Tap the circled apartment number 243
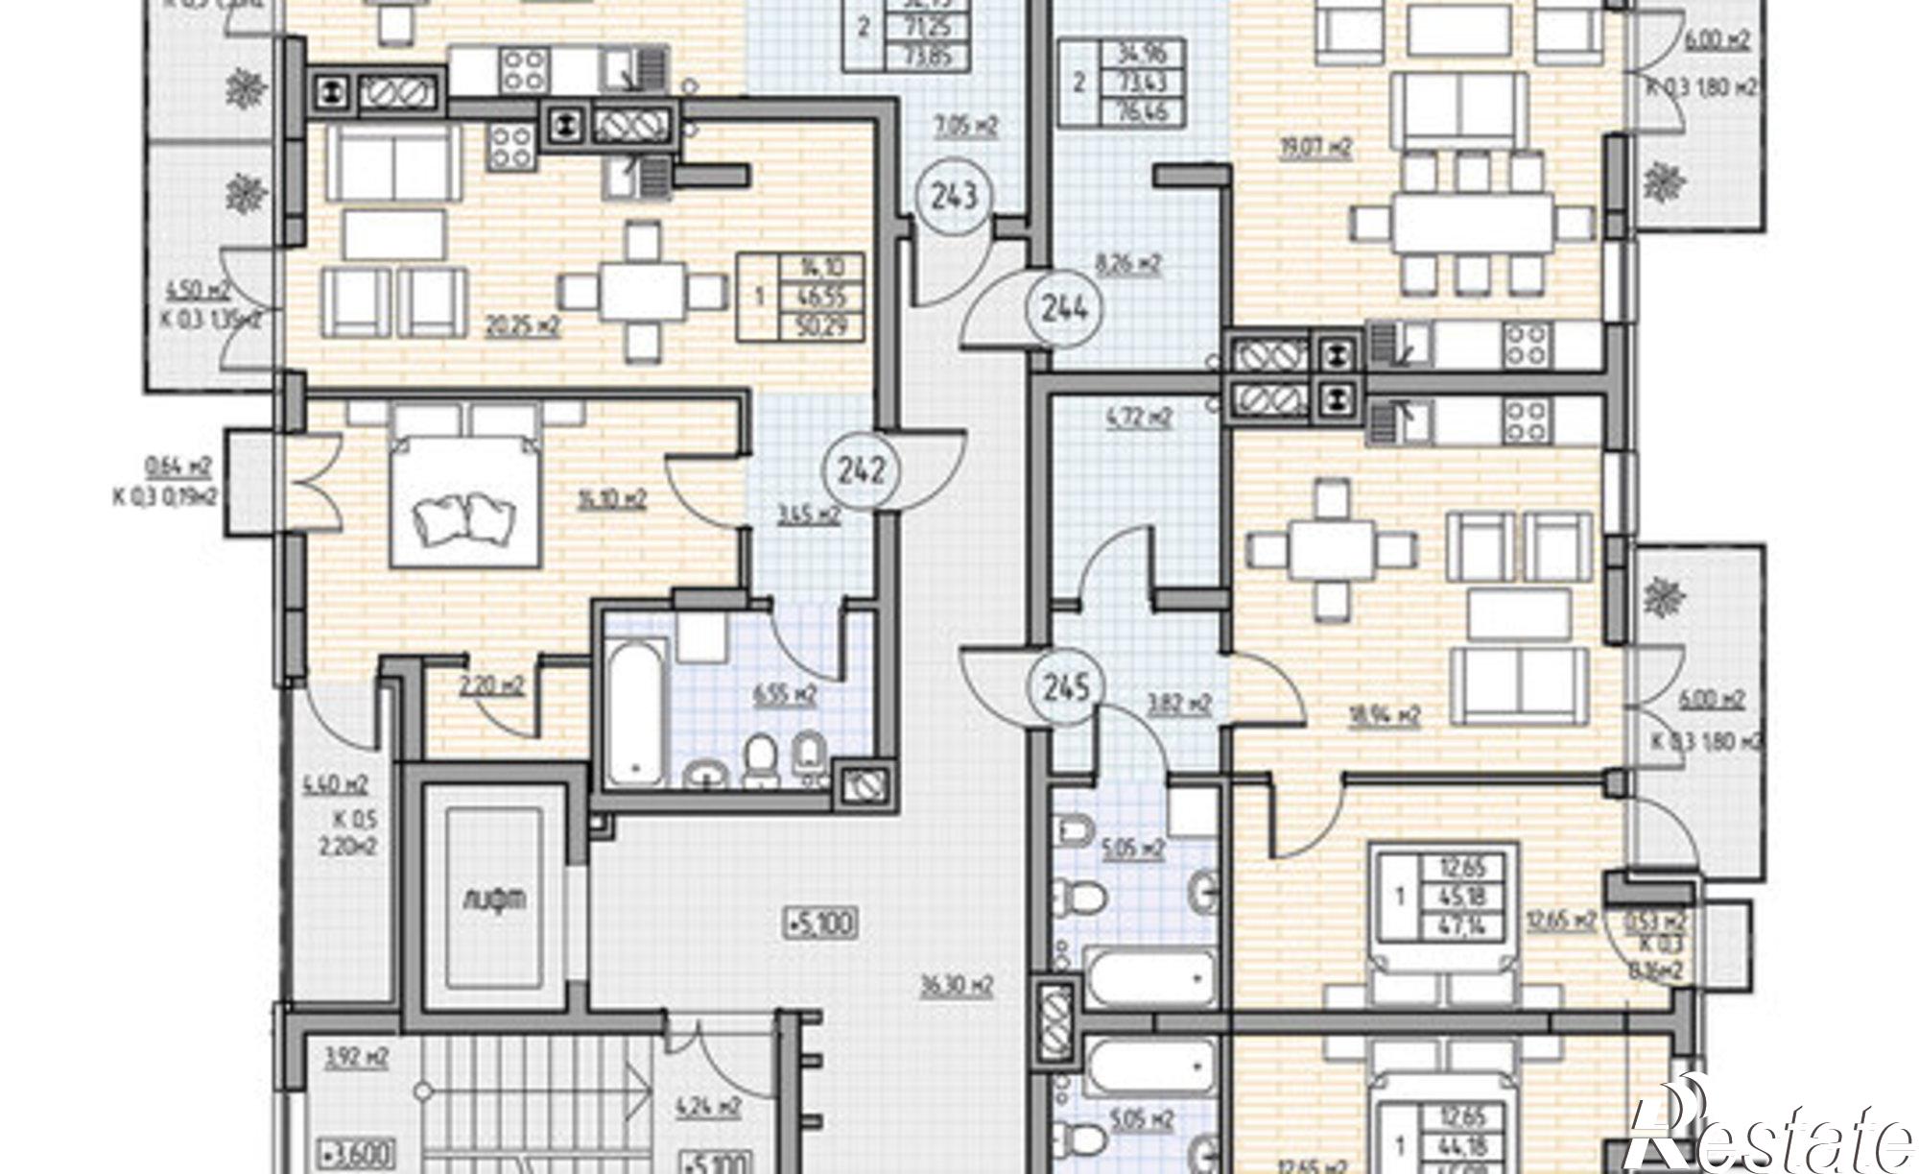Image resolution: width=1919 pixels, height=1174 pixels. point(955,196)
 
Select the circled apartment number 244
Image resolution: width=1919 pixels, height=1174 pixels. point(1064,308)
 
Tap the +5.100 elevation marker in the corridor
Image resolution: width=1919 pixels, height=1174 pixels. point(821,924)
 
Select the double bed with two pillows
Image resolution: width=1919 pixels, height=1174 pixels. point(466,500)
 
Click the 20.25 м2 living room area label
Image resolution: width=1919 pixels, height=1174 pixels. point(523,324)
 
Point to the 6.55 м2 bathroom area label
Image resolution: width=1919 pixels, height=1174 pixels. point(785,693)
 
